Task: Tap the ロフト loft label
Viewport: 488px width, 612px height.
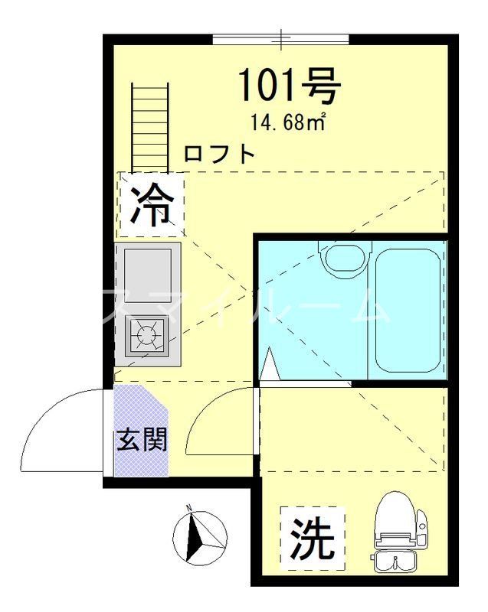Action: (219, 154)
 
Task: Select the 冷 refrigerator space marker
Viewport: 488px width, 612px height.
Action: (150, 204)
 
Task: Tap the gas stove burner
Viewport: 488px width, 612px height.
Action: (146, 334)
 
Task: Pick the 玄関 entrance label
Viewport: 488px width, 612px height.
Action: (141, 441)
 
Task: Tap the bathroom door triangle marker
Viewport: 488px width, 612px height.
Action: (269, 364)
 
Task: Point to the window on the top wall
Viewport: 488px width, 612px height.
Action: (280, 38)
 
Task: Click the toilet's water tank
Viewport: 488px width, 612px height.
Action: (396, 562)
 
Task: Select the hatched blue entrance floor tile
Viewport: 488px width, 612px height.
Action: (140, 428)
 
